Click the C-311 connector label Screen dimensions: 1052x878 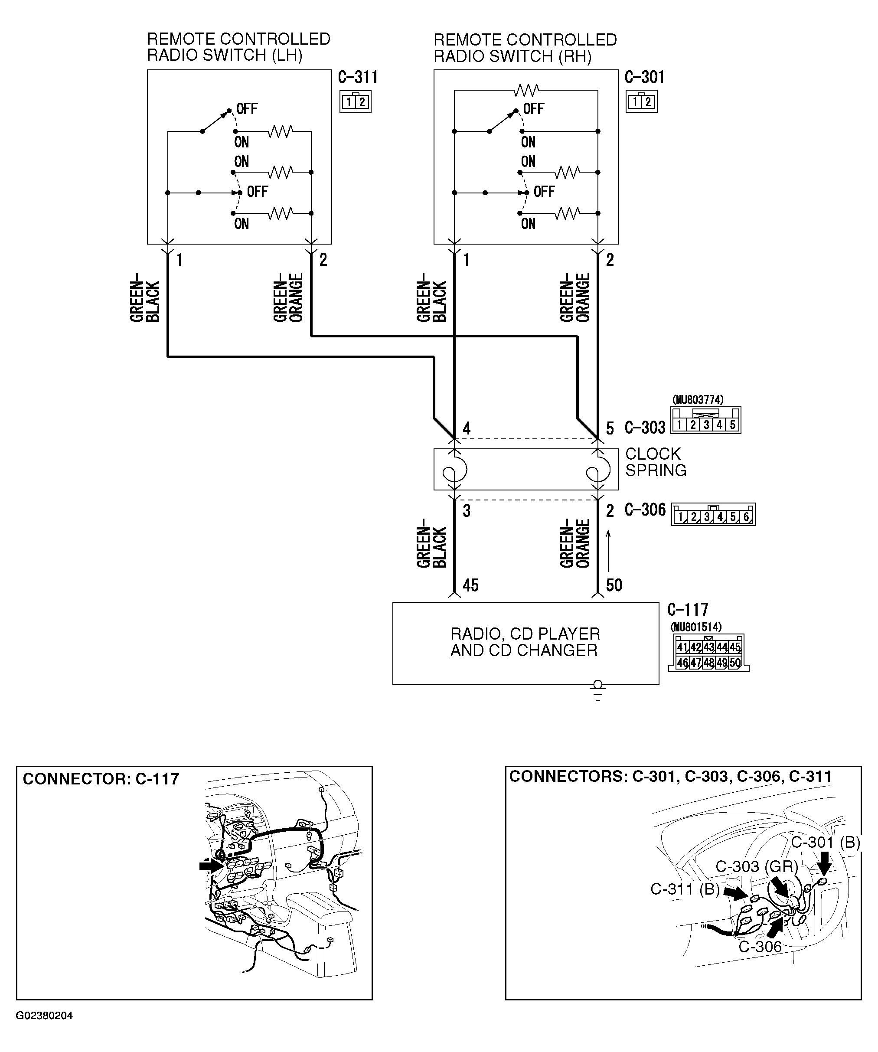pyautogui.click(x=358, y=78)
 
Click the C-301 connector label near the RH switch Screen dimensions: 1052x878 pyautogui.click(x=645, y=78)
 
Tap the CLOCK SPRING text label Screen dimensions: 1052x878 pyautogui.click(x=655, y=462)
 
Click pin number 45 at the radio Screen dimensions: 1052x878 pyautogui.click(x=470, y=585)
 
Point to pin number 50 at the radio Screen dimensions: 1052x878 pyautogui.click(x=614, y=585)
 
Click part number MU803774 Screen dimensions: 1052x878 pyautogui.click(x=697, y=400)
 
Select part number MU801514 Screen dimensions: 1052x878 pyautogui.click(x=696, y=627)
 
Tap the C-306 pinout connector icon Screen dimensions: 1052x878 pyautogui.click(x=713, y=515)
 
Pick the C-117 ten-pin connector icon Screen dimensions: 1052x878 pyautogui.click(x=708, y=653)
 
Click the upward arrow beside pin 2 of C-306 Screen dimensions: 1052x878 pyautogui.click(x=609, y=551)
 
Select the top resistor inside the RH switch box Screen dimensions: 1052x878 pyautogui.click(x=526, y=90)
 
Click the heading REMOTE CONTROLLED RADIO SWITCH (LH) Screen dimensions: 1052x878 pyautogui.click(x=238, y=47)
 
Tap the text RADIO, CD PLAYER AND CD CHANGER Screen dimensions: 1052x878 pyautogui.click(x=525, y=642)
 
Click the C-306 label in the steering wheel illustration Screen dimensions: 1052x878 pyautogui.click(x=759, y=947)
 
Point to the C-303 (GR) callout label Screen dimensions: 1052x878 pyautogui.click(x=756, y=866)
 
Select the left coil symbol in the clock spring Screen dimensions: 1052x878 pyautogui.click(x=455, y=469)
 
